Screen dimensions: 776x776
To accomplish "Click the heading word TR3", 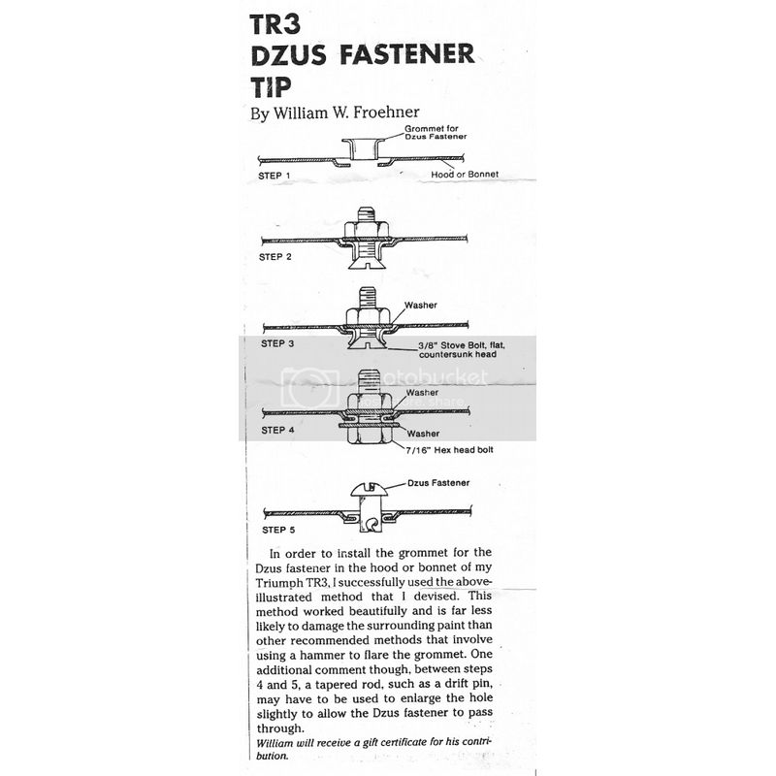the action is [x=275, y=25].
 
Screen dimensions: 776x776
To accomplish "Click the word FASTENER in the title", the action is [x=406, y=54].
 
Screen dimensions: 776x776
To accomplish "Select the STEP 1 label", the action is [x=275, y=176].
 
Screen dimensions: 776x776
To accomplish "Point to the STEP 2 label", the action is [x=275, y=257].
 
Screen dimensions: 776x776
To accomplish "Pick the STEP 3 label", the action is [x=277, y=343].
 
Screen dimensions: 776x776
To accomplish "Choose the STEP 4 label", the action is [x=277, y=430].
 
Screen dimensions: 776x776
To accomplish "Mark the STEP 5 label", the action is [x=278, y=530].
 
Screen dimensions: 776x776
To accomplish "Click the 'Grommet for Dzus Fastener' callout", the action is [x=436, y=132].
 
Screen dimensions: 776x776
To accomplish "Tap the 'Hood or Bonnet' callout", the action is [x=465, y=175].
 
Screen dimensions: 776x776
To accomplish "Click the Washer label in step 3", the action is [x=421, y=306].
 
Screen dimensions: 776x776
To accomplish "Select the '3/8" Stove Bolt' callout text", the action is [x=462, y=349].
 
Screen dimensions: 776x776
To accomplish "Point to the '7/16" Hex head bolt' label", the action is [x=449, y=450].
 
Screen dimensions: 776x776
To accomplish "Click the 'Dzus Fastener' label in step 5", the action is [x=438, y=483].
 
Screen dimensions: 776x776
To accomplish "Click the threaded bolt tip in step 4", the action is [x=368, y=381].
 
